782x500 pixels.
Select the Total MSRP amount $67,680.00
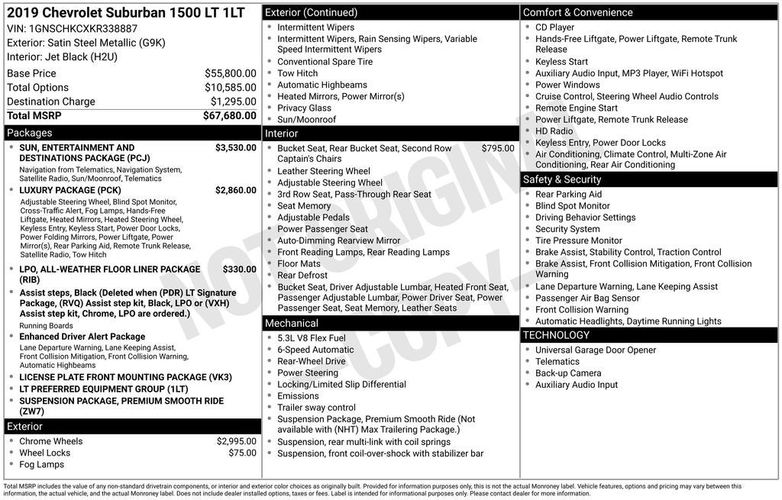[229, 116]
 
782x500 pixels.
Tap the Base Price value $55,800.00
[230, 73]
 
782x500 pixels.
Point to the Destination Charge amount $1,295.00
[233, 102]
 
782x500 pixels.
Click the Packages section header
[30, 133]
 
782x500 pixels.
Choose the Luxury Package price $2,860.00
[235, 190]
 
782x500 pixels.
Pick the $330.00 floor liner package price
[239, 269]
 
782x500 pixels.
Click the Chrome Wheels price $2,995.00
[236, 441]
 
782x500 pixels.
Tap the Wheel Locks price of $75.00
[242, 453]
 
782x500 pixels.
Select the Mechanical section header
[292, 324]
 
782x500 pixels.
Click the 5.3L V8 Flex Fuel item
[311, 338]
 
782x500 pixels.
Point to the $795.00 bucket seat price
[498, 148]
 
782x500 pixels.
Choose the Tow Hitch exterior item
[297, 73]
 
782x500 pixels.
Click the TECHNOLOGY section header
[556, 335]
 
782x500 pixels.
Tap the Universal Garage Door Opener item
[596, 350]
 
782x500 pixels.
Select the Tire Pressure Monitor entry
[579, 240]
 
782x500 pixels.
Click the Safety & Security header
[562, 179]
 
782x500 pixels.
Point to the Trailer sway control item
[316, 408]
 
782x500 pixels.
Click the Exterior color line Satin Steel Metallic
[86, 43]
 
